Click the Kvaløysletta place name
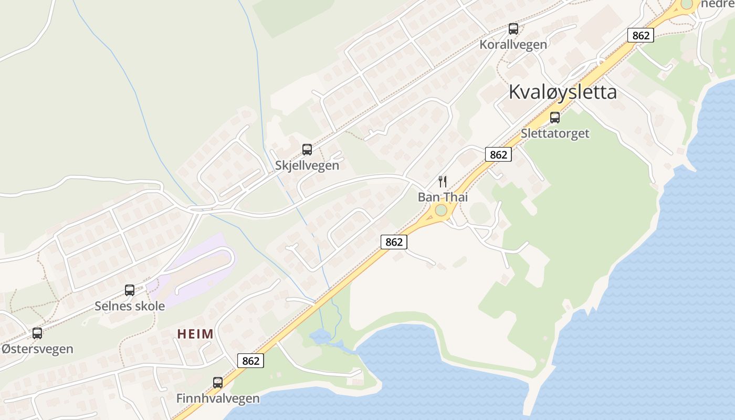click(562, 92)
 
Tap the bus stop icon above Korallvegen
click(513, 29)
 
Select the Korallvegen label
click(513, 45)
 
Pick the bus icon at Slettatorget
click(554, 118)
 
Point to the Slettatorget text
click(555, 133)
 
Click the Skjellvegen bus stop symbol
click(307, 150)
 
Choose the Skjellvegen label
click(307, 165)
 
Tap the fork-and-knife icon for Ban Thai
click(443, 182)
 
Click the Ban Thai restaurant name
click(443, 197)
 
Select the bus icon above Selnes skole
click(129, 290)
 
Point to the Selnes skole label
click(130, 306)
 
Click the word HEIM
click(195, 334)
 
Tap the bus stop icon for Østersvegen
click(37, 333)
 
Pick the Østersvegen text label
click(37, 349)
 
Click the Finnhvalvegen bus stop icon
click(218, 382)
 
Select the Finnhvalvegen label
click(218, 398)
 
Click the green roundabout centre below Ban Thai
click(441, 211)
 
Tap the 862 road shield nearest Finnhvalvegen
click(250, 361)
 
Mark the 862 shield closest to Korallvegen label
click(640, 36)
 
